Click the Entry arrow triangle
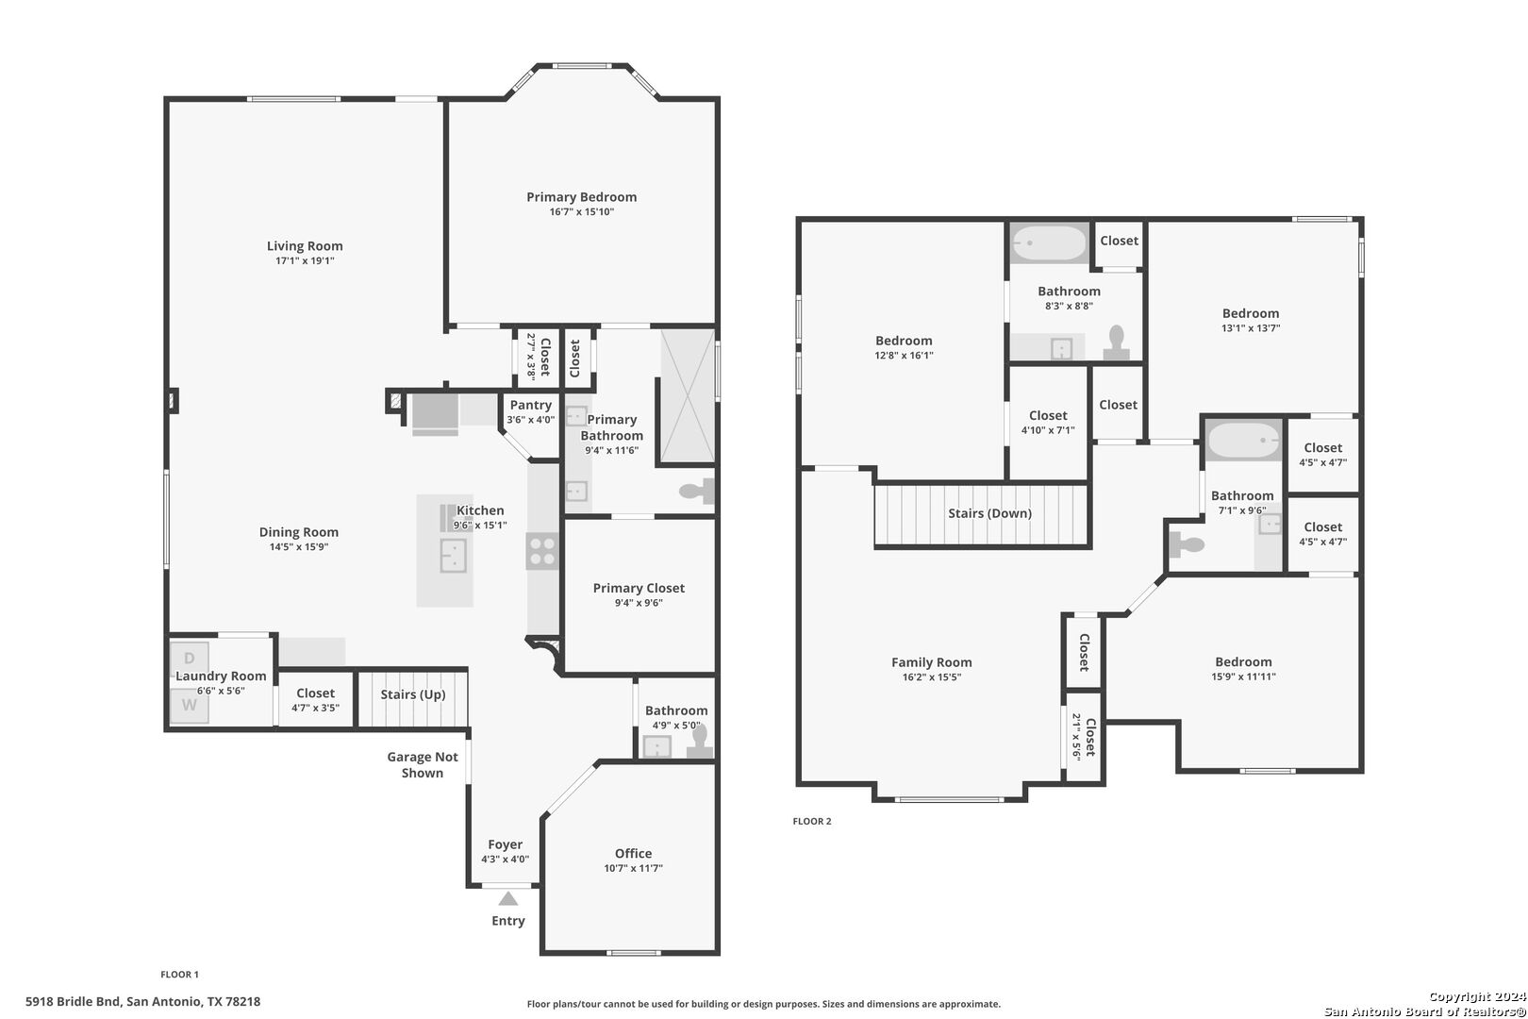pos(507,898)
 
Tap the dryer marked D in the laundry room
pos(190,658)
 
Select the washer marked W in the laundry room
pos(190,706)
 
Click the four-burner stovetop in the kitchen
pos(542,551)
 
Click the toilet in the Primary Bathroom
pos(696,491)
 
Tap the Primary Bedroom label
pos(581,197)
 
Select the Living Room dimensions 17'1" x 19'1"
pos(305,260)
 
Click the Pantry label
pos(531,406)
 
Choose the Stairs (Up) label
pos(413,694)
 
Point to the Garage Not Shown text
pos(423,764)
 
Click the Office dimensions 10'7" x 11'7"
pos(633,868)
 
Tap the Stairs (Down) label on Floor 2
pos(989,513)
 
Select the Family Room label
pos(931,662)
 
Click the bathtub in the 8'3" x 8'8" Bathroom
pos(1049,242)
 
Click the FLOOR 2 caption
pos(812,821)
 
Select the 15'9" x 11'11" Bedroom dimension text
pos(1243,677)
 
